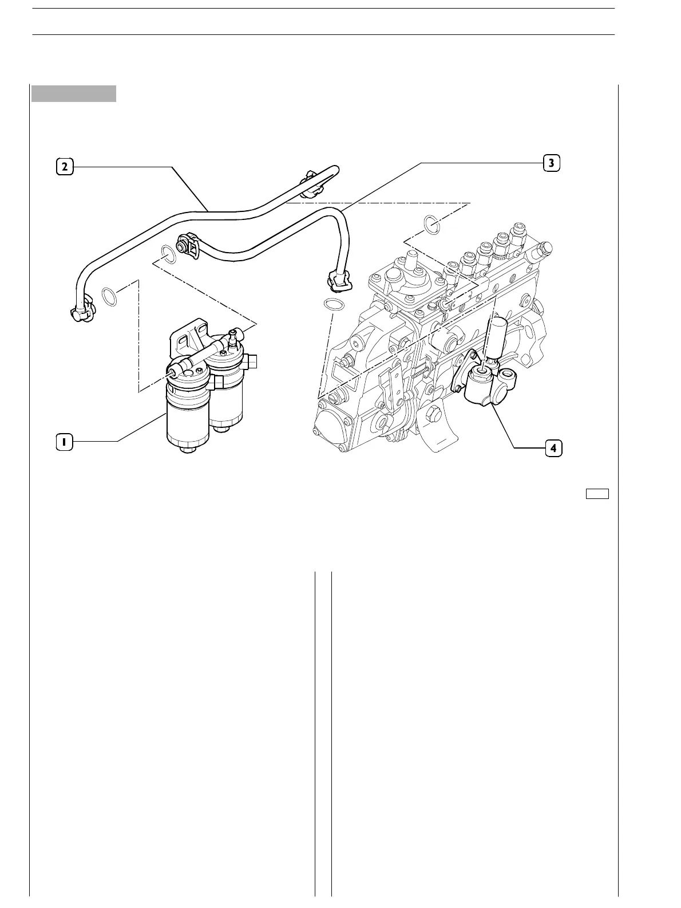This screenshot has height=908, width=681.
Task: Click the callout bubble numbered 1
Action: tap(65, 442)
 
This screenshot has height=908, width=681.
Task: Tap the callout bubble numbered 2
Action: tap(64, 166)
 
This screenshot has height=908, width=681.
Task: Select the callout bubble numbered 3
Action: tap(551, 163)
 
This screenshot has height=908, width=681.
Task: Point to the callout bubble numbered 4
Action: tap(553, 448)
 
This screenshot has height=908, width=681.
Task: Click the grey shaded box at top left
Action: tap(74, 93)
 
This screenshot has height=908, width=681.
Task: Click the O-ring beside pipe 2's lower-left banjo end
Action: tap(110, 296)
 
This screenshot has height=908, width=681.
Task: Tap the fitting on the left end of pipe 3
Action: tap(188, 245)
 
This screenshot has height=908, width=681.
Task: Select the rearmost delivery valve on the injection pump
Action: tap(520, 230)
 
